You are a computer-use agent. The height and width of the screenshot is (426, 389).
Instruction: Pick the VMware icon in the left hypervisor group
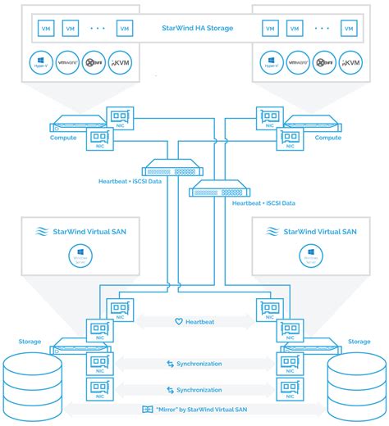[66, 62]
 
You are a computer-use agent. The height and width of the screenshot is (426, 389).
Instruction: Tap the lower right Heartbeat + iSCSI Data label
[262, 202]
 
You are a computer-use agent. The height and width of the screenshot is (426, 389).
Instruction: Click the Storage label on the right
[359, 341]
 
